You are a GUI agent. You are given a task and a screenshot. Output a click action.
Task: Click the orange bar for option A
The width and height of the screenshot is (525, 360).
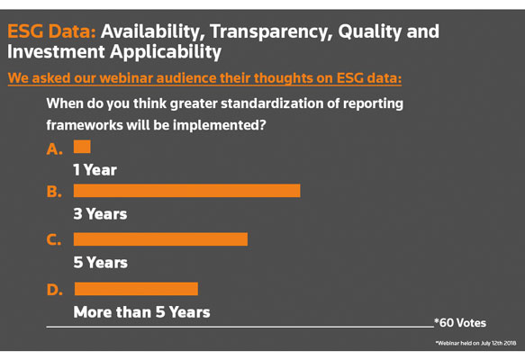[82, 147]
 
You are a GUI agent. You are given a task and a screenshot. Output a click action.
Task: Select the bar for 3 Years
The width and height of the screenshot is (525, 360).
[186, 191]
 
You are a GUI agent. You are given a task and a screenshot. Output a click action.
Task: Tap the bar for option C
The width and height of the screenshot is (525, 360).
[160, 239]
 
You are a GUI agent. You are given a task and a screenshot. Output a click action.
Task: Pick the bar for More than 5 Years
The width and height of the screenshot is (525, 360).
[136, 289]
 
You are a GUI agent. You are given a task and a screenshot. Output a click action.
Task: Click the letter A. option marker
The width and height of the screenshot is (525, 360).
[55, 148]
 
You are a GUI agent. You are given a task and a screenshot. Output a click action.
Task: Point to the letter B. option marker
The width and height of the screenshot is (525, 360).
[54, 192]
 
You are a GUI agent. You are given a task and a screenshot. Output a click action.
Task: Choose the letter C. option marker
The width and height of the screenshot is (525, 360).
[54, 240]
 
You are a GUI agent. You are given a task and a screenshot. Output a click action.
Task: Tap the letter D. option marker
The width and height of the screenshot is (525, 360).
[55, 290]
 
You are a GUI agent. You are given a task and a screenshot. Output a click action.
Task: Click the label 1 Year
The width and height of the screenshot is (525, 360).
[95, 170]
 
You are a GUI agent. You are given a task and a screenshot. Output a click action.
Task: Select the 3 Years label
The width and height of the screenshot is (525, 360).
[101, 214]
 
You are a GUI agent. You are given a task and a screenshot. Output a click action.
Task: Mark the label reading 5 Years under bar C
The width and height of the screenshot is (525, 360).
[101, 262]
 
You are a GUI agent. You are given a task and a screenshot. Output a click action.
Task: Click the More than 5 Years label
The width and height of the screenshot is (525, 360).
[142, 312]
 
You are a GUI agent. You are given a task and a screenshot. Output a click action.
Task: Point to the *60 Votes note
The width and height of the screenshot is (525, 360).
[460, 323]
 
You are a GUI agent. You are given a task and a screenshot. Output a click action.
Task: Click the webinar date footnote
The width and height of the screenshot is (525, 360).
[475, 343]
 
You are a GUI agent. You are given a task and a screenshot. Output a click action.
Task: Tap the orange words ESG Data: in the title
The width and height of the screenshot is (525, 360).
[51, 31]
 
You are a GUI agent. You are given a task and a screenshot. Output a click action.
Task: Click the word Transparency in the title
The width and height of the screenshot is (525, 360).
[271, 32]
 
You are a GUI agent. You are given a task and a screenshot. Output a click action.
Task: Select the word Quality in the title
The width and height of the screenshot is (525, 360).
[369, 32]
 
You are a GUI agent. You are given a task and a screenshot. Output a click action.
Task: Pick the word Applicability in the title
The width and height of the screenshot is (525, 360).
[166, 52]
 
